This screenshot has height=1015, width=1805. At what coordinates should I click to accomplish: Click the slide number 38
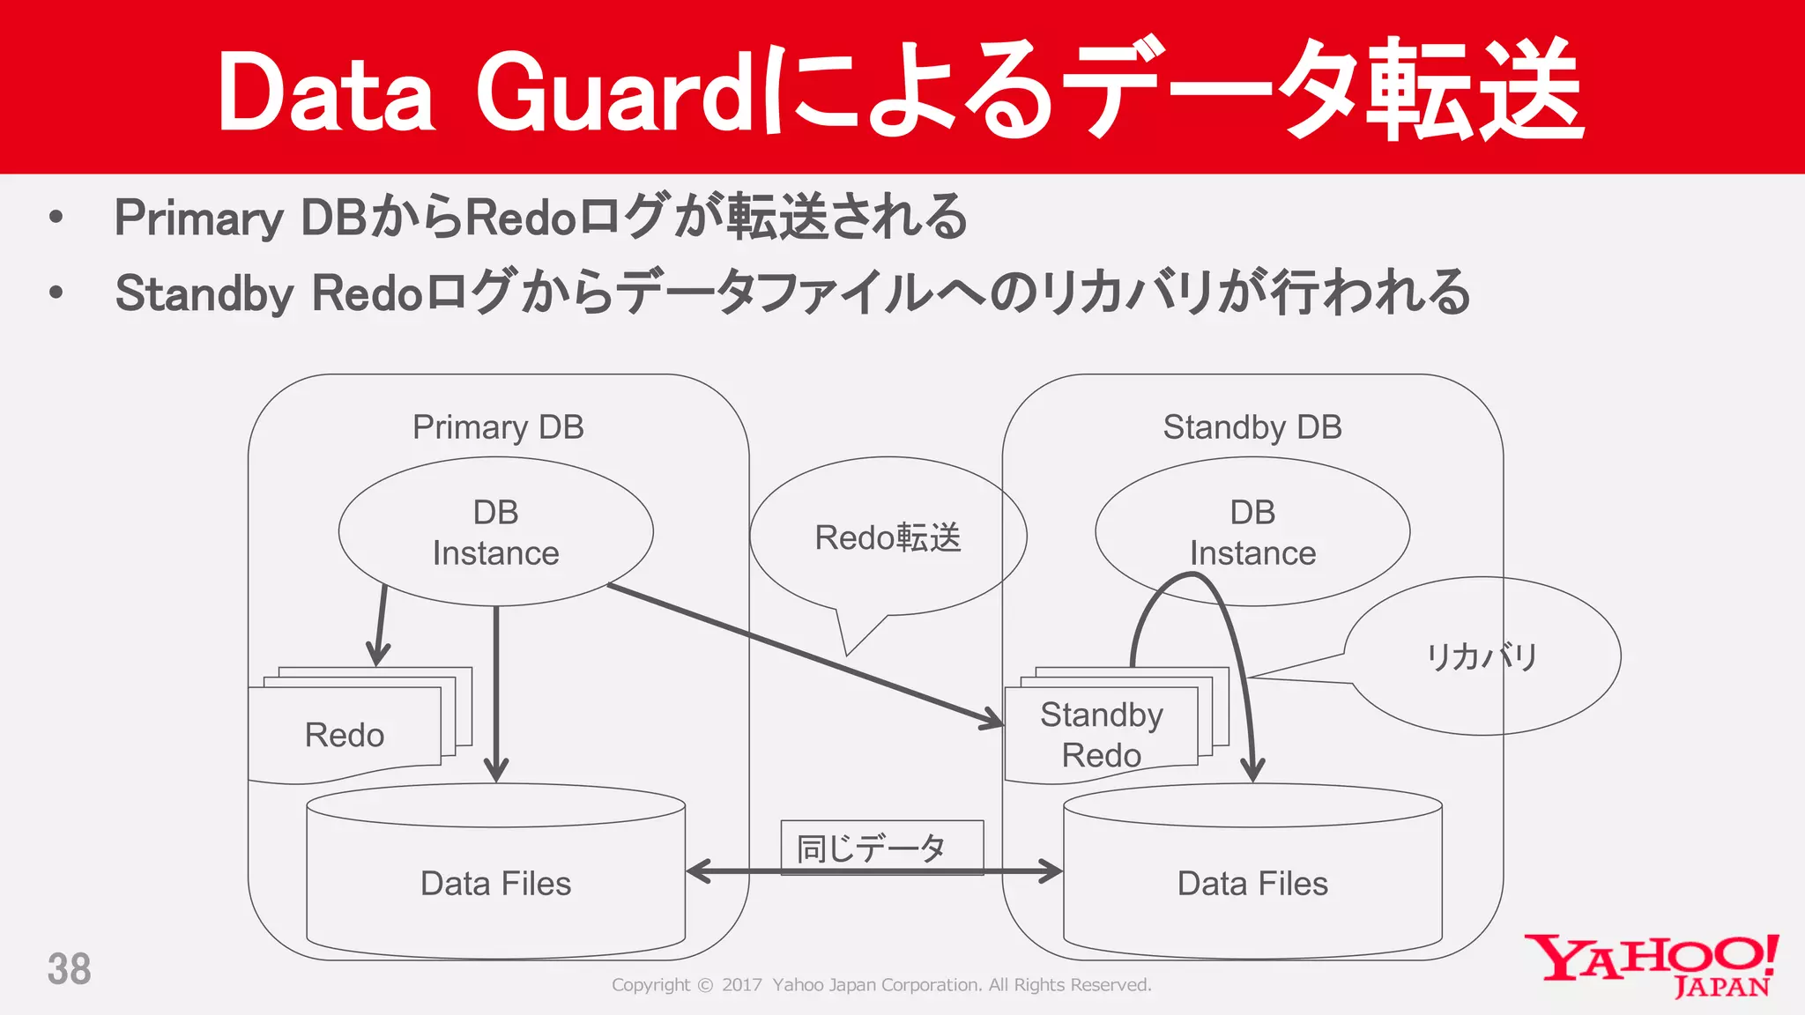(69, 969)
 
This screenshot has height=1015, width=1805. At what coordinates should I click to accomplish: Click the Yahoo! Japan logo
(1652, 966)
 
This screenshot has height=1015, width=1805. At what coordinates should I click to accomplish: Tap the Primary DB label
(498, 427)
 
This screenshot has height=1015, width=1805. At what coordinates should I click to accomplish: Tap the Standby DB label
(1252, 427)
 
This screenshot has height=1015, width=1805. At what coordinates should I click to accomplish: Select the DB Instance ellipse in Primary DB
(495, 531)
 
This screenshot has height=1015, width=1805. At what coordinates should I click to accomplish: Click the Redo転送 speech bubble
(888, 537)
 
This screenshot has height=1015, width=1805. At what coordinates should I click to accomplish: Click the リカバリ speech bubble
(1482, 656)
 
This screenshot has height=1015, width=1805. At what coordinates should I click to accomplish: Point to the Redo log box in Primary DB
(345, 734)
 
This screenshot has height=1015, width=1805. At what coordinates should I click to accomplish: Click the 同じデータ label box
(881, 847)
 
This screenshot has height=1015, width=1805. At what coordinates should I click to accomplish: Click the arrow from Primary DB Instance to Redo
(381, 626)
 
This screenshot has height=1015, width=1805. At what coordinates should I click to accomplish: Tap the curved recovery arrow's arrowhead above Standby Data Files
(1252, 770)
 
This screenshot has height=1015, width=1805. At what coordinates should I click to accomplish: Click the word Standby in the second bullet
(204, 293)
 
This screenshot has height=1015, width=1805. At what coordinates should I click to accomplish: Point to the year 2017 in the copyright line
(741, 985)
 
